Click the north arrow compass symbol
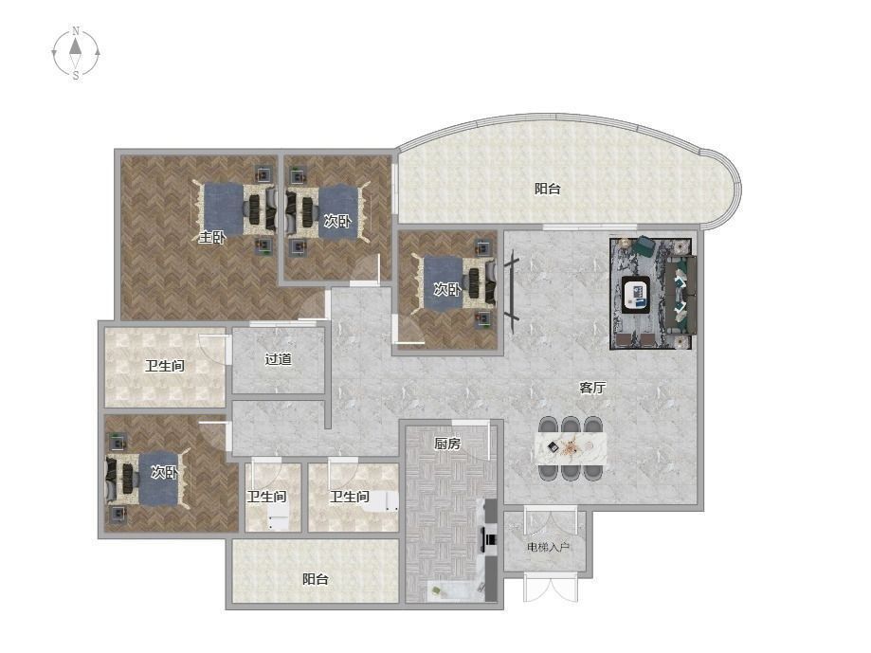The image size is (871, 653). click(x=76, y=53)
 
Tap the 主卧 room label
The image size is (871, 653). click(x=212, y=238)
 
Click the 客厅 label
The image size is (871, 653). click(x=592, y=388)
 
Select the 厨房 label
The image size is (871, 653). click(x=447, y=444)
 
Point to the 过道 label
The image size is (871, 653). click(x=278, y=359)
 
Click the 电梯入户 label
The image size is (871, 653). click(x=548, y=548)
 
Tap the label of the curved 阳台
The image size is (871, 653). click(x=547, y=189)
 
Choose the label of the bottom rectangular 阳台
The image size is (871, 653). click(x=315, y=579)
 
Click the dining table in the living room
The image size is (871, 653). click(x=571, y=447)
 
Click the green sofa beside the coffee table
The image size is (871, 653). click(x=681, y=295)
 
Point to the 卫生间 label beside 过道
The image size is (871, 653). click(x=164, y=366)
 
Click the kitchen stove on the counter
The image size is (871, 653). click(x=490, y=538)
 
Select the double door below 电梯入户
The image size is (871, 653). click(x=551, y=590)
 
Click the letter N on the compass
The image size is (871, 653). click(x=76, y=30)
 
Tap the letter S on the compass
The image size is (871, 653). click(x=76, y=76)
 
